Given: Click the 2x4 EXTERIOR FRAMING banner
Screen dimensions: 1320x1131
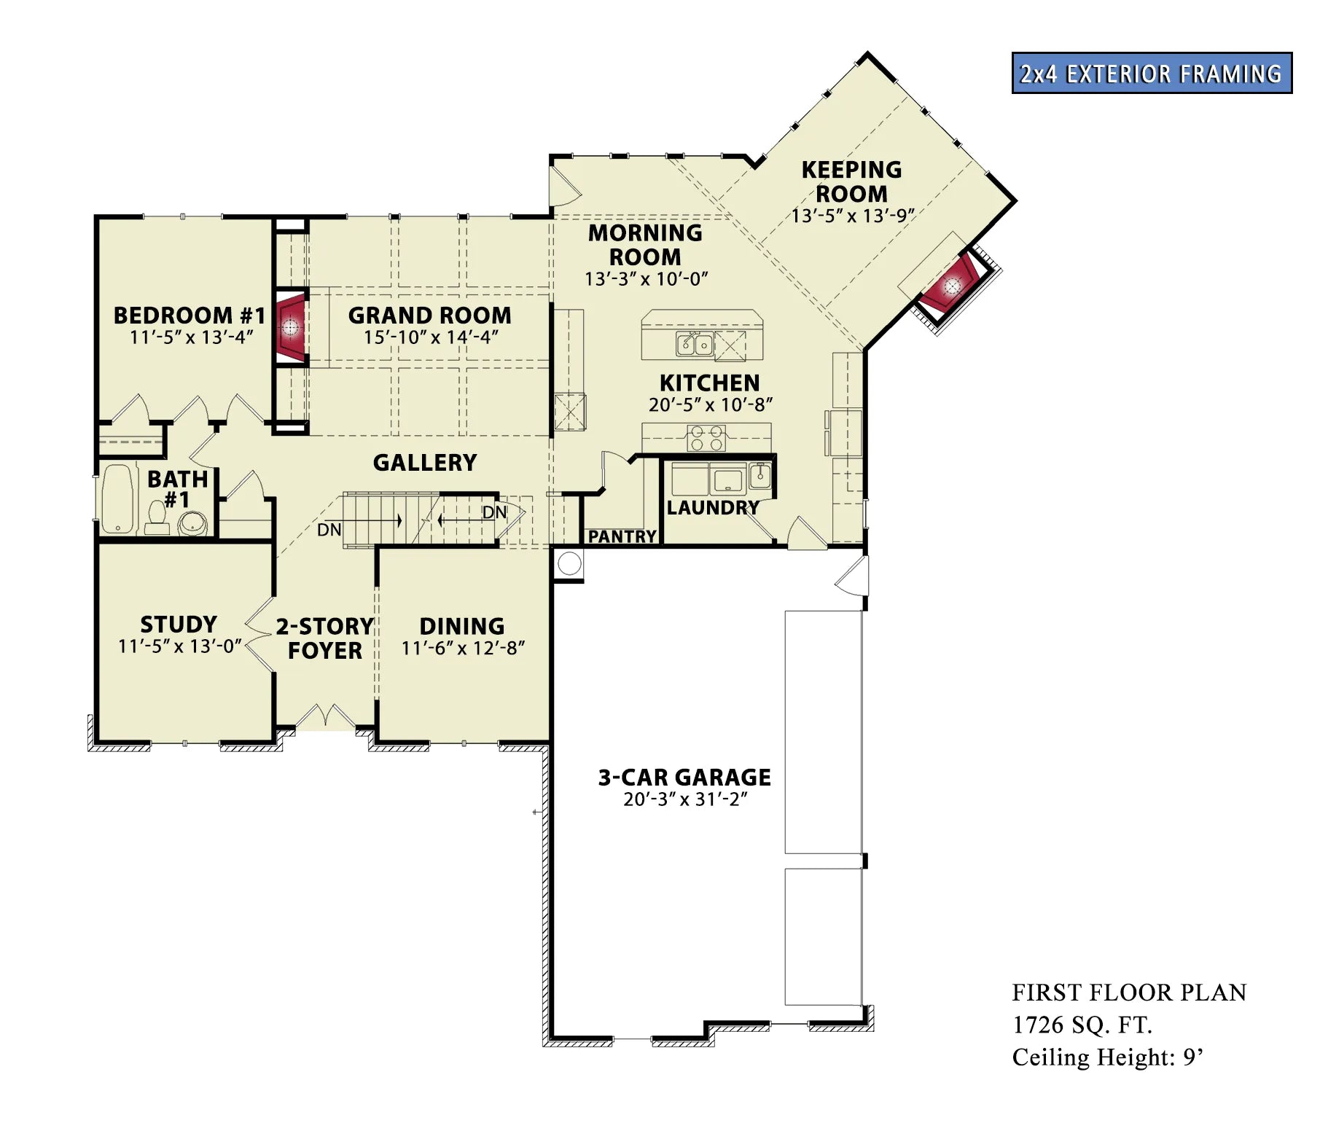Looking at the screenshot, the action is [1152, 73].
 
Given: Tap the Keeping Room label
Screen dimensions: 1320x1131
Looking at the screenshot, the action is [851, 181].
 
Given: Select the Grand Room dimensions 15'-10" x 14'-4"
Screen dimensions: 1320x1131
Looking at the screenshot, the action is [431, 337].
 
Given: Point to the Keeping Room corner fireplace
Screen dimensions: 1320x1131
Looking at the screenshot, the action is [952, 284].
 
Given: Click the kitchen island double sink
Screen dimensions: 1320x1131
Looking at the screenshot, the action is [694, 343].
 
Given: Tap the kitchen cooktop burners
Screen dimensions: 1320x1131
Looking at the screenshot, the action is [706, 438].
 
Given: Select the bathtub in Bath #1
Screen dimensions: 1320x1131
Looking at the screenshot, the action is [117, 499].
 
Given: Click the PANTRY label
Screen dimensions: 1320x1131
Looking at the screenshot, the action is [622, 537].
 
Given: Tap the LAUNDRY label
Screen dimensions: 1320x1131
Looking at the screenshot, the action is [713, 508].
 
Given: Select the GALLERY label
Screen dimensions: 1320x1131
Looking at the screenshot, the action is [425, 462].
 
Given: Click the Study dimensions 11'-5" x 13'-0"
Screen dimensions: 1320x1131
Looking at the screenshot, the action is [180, 646].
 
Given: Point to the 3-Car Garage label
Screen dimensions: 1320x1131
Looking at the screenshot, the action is [684, 778].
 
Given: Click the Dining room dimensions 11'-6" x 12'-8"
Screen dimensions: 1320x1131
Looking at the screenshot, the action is [463, 648].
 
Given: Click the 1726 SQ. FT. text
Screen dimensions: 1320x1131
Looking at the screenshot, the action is [1082, 1025].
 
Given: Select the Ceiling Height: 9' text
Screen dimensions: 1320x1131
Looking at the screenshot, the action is [1107, 1057].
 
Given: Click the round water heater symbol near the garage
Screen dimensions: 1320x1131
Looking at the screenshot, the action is [569, 563].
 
